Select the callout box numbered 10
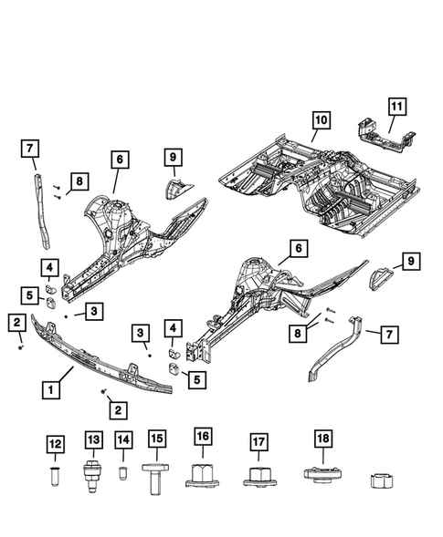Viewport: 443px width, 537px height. click(320, 120)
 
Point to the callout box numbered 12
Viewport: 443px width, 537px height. click(57, 444)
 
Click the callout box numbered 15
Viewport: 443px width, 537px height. click(157, 440)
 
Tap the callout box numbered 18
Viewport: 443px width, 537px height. click(321, 439)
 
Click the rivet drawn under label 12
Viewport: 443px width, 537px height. click(57, 476)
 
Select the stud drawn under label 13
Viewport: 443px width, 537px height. click(92, 476)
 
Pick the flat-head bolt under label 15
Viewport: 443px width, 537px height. click(157, 476)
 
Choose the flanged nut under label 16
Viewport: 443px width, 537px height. click(203, 476)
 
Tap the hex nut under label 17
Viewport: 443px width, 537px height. click(259, 477)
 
